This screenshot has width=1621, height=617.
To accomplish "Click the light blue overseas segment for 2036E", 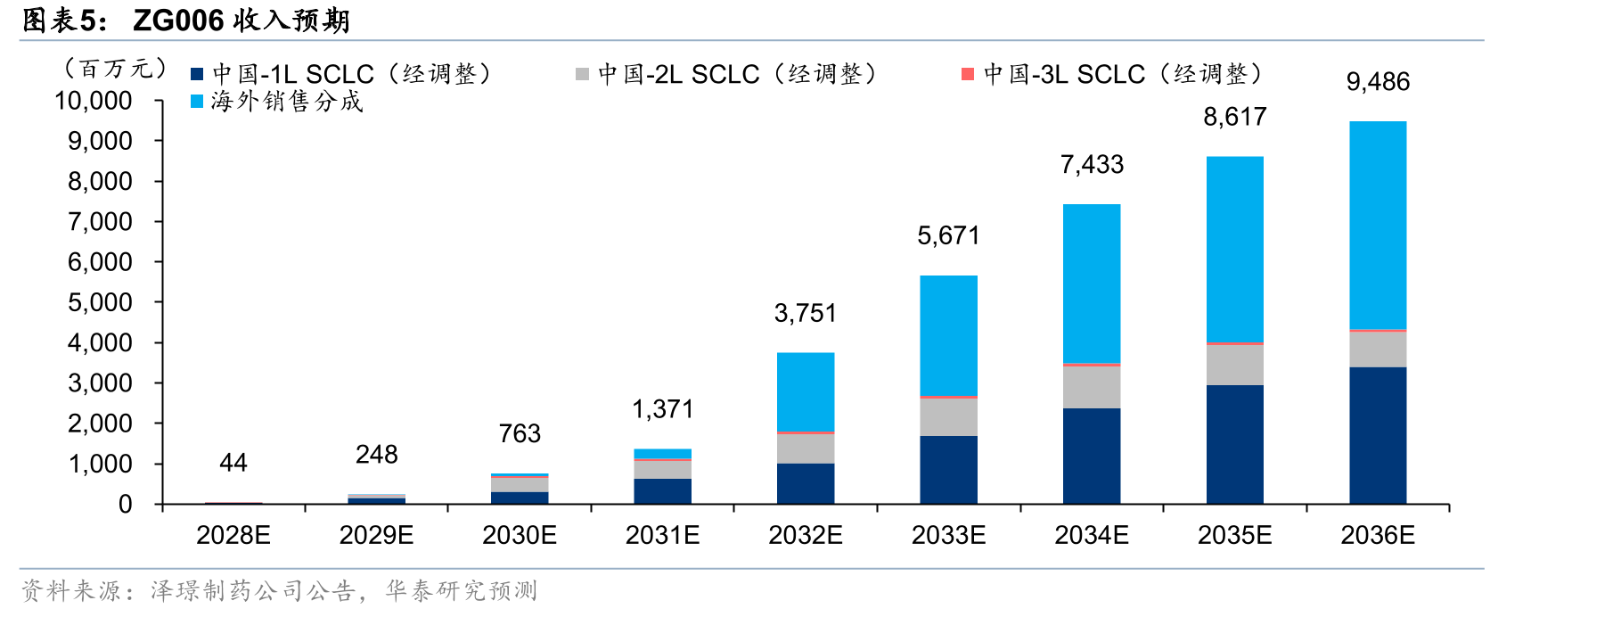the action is click(1378, 226).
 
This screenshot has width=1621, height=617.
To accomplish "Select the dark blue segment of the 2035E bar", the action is click(1235, 445).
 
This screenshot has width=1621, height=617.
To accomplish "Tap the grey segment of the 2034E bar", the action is click(1092, 387).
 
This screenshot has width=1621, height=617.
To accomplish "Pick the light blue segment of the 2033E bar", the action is click(948, 335).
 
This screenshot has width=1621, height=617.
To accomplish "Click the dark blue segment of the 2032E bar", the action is click(806, 484).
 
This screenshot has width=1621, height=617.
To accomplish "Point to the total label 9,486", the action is click(1378, 82).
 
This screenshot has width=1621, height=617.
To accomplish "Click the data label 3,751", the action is click(806, 313).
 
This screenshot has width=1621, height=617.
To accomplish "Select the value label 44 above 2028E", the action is click(233, 463).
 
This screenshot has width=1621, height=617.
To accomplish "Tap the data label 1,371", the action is click(662, 409).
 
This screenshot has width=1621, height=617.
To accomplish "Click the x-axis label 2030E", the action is click(520, 535).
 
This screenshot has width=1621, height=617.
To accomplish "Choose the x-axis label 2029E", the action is click(376, 535).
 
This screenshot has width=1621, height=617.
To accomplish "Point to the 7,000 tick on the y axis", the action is click(100, 222).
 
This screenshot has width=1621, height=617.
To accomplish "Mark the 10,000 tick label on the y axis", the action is click(94, 101).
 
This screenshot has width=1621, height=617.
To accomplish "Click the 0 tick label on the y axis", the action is click(126, 505).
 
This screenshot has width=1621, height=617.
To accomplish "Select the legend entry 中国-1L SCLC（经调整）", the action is click(343, 74).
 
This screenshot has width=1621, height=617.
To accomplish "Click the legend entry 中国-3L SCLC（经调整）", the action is click(1114, 74).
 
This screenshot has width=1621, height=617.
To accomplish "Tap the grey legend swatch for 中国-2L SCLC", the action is click(582, 74).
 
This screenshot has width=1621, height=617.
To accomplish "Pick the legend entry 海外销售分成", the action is click(277, 102).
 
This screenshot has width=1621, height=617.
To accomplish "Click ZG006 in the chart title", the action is click(178, 20).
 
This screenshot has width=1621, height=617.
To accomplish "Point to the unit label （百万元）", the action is click(113, 69).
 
